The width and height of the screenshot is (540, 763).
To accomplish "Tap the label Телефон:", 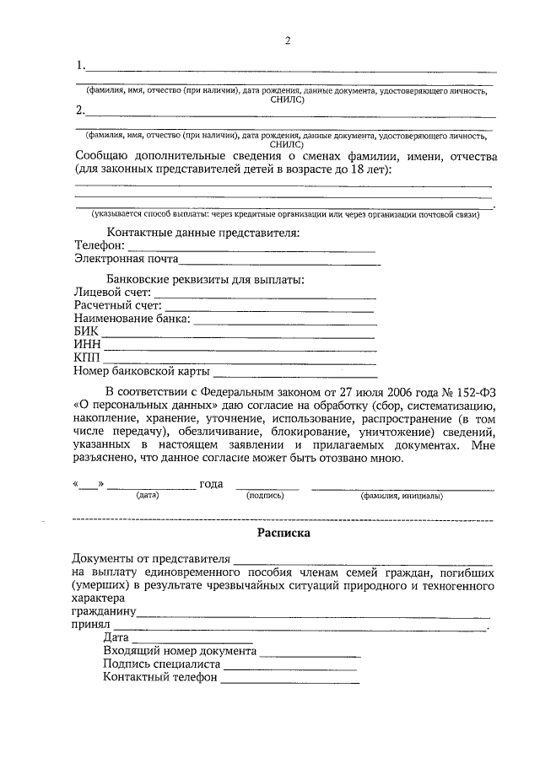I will [99, 245].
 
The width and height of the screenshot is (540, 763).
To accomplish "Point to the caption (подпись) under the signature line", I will [266, 497].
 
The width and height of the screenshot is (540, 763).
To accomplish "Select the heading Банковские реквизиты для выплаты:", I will [205, 278].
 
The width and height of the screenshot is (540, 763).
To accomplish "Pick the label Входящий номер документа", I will [180, 651].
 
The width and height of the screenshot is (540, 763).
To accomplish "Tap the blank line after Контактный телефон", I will [291, 680].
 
